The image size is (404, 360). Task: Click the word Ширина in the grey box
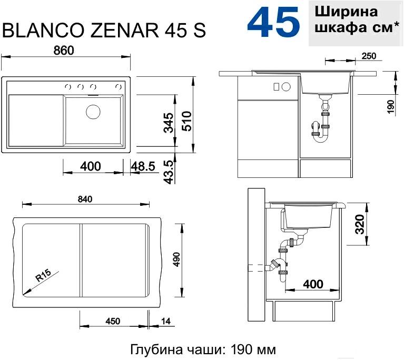pos(346,12)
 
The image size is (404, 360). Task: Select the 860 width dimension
pos(64,50)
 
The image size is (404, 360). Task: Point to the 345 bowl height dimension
pos(169,123)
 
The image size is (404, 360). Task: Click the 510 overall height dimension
pos(186,121)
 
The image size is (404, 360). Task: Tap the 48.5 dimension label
pos(143,166)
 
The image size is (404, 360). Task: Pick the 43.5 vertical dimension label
pos(169,172)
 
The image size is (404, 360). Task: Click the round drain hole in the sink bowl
pos(93,112)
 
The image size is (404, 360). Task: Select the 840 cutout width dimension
pos(85,199)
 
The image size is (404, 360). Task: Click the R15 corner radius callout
pos(43,275)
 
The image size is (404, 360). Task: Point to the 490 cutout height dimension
pos(176,259)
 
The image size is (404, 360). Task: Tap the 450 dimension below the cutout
pos(113,321)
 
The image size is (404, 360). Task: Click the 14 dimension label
pos(166,321)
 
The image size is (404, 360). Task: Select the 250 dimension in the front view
pos(369,56)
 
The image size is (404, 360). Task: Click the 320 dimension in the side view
pos(360,224)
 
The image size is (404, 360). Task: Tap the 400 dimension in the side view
pos(313,284)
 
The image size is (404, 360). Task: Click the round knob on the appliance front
pos(286,87)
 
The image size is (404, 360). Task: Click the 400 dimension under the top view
pos(91,166)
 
